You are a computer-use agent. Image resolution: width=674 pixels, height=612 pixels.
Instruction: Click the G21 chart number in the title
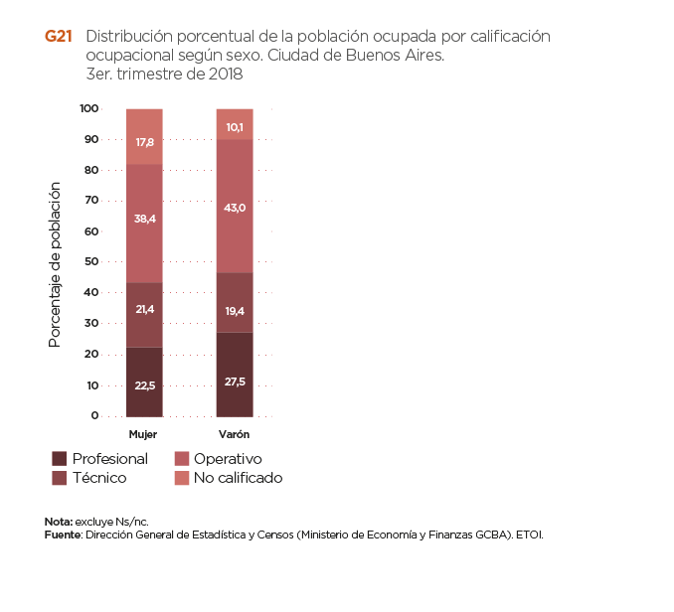click(58, 36)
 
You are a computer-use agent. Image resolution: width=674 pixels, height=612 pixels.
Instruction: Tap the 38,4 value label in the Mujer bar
click(144, 219)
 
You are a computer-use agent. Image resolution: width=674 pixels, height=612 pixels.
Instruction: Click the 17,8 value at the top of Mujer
click(144, 143)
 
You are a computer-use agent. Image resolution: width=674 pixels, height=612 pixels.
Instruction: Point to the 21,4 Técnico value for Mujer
click(144, 311)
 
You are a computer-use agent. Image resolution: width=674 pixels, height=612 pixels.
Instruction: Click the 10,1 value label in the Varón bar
click(235, 127)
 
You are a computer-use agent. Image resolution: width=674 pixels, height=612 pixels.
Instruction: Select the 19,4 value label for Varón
click(235, 311)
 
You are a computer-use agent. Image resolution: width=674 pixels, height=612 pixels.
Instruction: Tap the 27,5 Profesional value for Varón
click(235, 382)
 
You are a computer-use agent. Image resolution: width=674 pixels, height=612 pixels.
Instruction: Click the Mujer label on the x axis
click(143, 435)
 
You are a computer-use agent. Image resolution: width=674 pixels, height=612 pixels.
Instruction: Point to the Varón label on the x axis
click(235, 435)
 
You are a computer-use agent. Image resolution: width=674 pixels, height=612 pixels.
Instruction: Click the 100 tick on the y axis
click(89, 108)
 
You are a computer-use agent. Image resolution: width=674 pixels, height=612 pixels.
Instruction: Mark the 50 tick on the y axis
click(91, 262)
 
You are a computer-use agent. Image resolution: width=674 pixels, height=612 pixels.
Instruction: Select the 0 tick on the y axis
click(94, 416)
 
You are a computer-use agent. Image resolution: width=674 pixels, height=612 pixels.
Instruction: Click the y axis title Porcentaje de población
click(56, 264)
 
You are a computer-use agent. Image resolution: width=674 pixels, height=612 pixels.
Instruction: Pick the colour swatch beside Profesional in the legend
click(60, 459)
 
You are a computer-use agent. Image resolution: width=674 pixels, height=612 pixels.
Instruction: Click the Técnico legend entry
click(99, 478)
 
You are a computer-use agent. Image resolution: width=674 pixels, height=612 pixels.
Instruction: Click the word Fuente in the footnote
click(62, 535)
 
